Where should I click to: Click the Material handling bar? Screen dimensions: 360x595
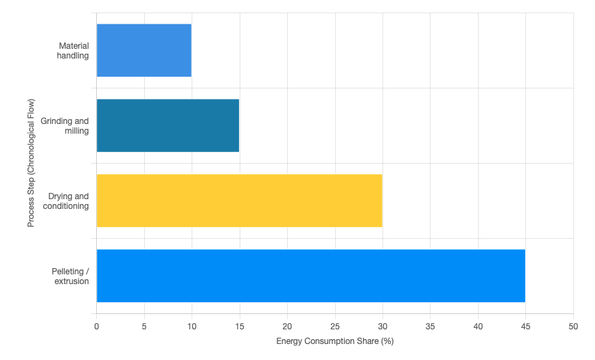[x=144, y=50]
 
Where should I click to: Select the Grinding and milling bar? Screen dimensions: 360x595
[x=167, y=125]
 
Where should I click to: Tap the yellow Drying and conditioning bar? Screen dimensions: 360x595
[x=239, y=201]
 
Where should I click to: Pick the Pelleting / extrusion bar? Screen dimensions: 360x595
[x=310, y=276]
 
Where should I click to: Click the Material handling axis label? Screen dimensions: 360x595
[x=73, y=51]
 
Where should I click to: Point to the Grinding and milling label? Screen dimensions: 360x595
[x=65, y=126]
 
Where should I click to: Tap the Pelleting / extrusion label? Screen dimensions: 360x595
[x=70, y=276]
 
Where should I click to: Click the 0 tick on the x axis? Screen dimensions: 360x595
[x=96, y=326]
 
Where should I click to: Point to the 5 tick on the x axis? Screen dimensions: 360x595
[x=144, y=326]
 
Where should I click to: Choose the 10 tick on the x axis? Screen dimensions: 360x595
[x=192, y=326]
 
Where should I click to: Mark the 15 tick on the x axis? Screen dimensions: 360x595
[x=239, y=326]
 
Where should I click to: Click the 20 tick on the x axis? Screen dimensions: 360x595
[x=287, y=326]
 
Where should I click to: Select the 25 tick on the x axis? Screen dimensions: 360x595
[x=334, y=326]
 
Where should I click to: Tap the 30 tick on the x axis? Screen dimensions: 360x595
[x=382, y=326]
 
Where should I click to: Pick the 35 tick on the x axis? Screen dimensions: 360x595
[x=430, y=326]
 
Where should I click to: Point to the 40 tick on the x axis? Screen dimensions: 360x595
[x=478, y=326]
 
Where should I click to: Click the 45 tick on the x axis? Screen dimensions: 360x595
[x=525, y=326]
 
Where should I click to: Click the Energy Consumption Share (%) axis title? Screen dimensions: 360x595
[x=335, y=341]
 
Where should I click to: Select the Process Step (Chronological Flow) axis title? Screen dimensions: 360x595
[x=31, y=163]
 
